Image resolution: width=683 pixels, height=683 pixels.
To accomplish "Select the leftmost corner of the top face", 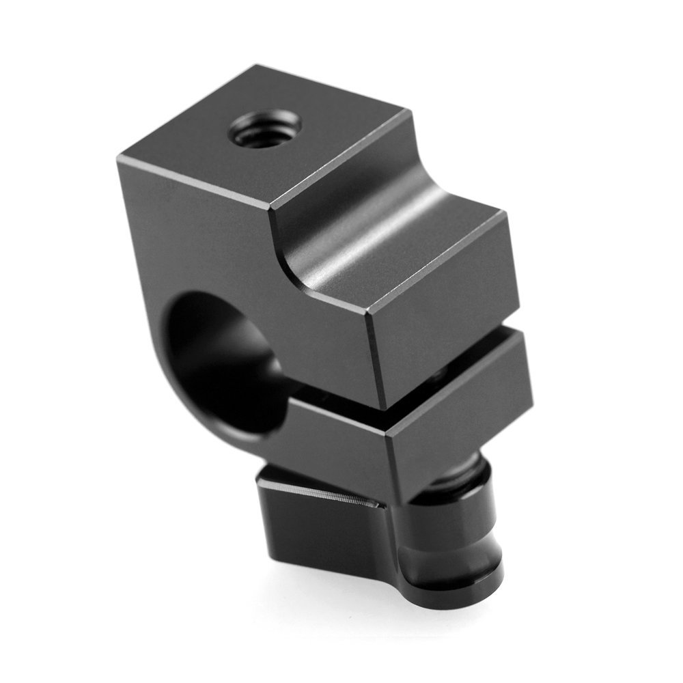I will tap(120, 158).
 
